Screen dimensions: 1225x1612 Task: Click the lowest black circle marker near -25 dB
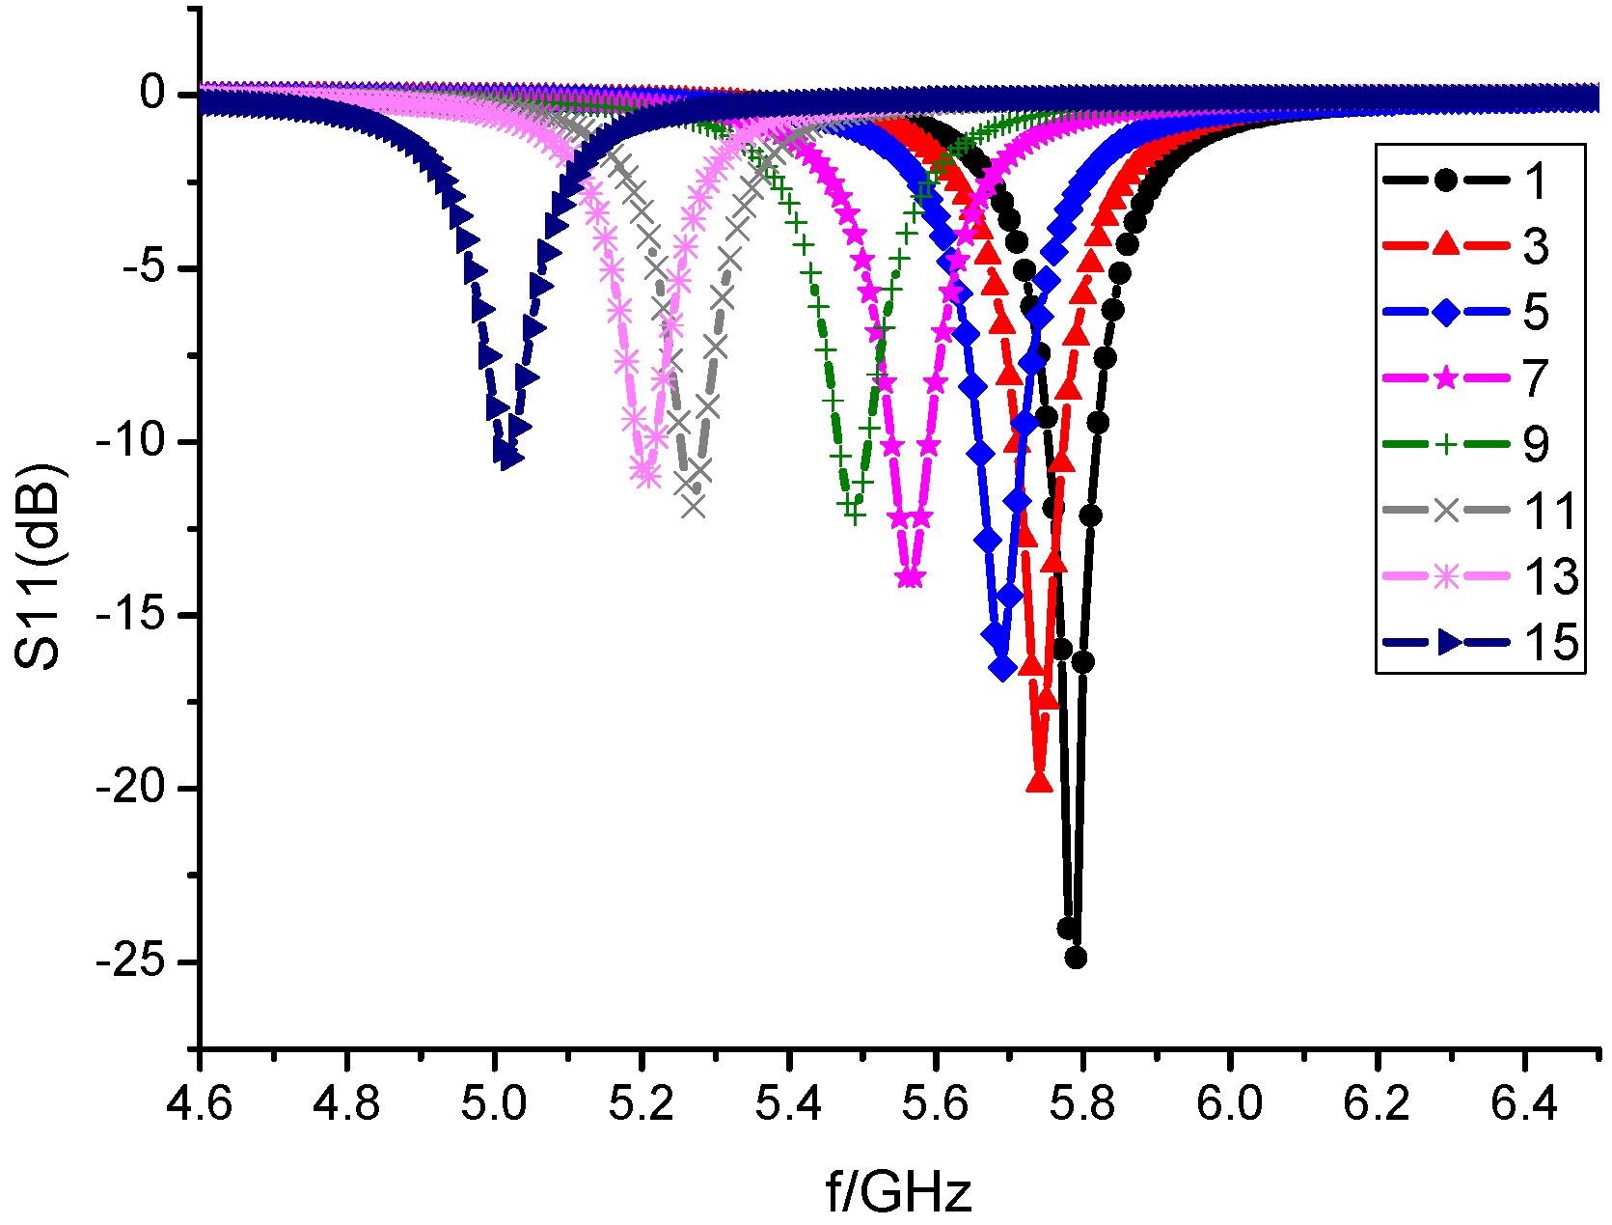[1076, 958]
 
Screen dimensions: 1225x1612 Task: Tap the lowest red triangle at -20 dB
[1039, 783]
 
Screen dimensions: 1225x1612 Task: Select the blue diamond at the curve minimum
[1002, 668]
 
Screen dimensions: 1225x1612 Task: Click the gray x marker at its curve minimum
[694, 506]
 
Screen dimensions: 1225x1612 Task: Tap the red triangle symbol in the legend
[1445, 245]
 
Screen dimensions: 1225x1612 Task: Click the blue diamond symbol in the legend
[1445, 312]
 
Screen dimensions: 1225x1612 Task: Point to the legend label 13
[1550, 576]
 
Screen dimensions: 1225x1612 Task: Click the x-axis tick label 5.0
[494, 1102]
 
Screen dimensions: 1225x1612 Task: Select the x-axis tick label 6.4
[1523, 1102]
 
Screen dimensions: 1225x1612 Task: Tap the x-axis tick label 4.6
[200, 1102]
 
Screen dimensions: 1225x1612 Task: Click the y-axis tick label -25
[136, 961]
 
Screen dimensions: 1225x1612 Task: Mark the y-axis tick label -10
[136, 441]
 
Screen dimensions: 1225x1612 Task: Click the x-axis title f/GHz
[898, 1191]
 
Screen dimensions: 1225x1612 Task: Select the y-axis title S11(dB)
[41, 568]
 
